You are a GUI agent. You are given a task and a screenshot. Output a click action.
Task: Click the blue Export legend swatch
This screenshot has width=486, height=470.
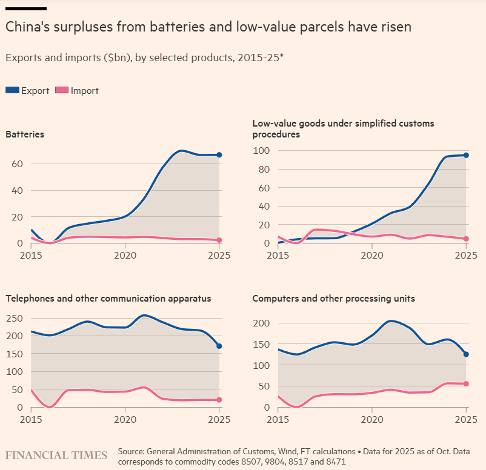click(x=13, y=90)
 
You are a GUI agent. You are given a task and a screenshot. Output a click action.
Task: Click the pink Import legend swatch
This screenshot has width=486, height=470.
click(x=62, y=90)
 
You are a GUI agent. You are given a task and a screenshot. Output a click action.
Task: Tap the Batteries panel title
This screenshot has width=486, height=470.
click(x=25, y=134)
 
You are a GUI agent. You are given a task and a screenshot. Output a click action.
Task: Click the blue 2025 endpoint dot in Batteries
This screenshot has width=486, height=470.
click(x=219, y=155)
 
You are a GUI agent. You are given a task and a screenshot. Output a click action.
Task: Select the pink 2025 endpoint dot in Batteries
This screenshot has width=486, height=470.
click(x=219, y=240)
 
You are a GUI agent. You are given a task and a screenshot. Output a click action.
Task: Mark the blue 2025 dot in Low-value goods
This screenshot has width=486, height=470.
click(x=466, y=155)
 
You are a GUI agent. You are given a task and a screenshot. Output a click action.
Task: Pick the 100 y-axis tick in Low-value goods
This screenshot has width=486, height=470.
click(x=261, y=150)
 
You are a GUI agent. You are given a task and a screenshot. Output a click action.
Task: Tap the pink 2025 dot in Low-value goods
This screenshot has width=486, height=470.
click(x=466, y=239)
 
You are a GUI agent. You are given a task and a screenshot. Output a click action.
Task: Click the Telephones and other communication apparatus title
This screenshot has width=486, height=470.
click(x=108, y=298)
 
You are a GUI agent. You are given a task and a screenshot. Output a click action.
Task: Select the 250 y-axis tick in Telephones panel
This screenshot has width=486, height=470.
click(x=14, y=317)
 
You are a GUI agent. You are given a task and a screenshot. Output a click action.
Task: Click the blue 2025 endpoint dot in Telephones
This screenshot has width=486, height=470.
click(x=219, y=346)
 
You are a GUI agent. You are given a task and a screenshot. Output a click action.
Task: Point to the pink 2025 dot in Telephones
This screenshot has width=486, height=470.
click(x=219, y=400)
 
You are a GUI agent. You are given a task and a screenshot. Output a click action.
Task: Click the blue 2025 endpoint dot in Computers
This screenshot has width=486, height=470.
click(x=466, y=354)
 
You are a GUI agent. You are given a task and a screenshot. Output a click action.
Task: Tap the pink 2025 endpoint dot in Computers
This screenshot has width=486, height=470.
click(x=466, y=383)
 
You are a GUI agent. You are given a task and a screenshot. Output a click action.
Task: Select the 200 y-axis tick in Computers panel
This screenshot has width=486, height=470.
click(x=261, y=323)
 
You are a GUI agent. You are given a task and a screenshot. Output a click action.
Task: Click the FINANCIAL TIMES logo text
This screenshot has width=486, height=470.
click(x=56, y=455)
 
